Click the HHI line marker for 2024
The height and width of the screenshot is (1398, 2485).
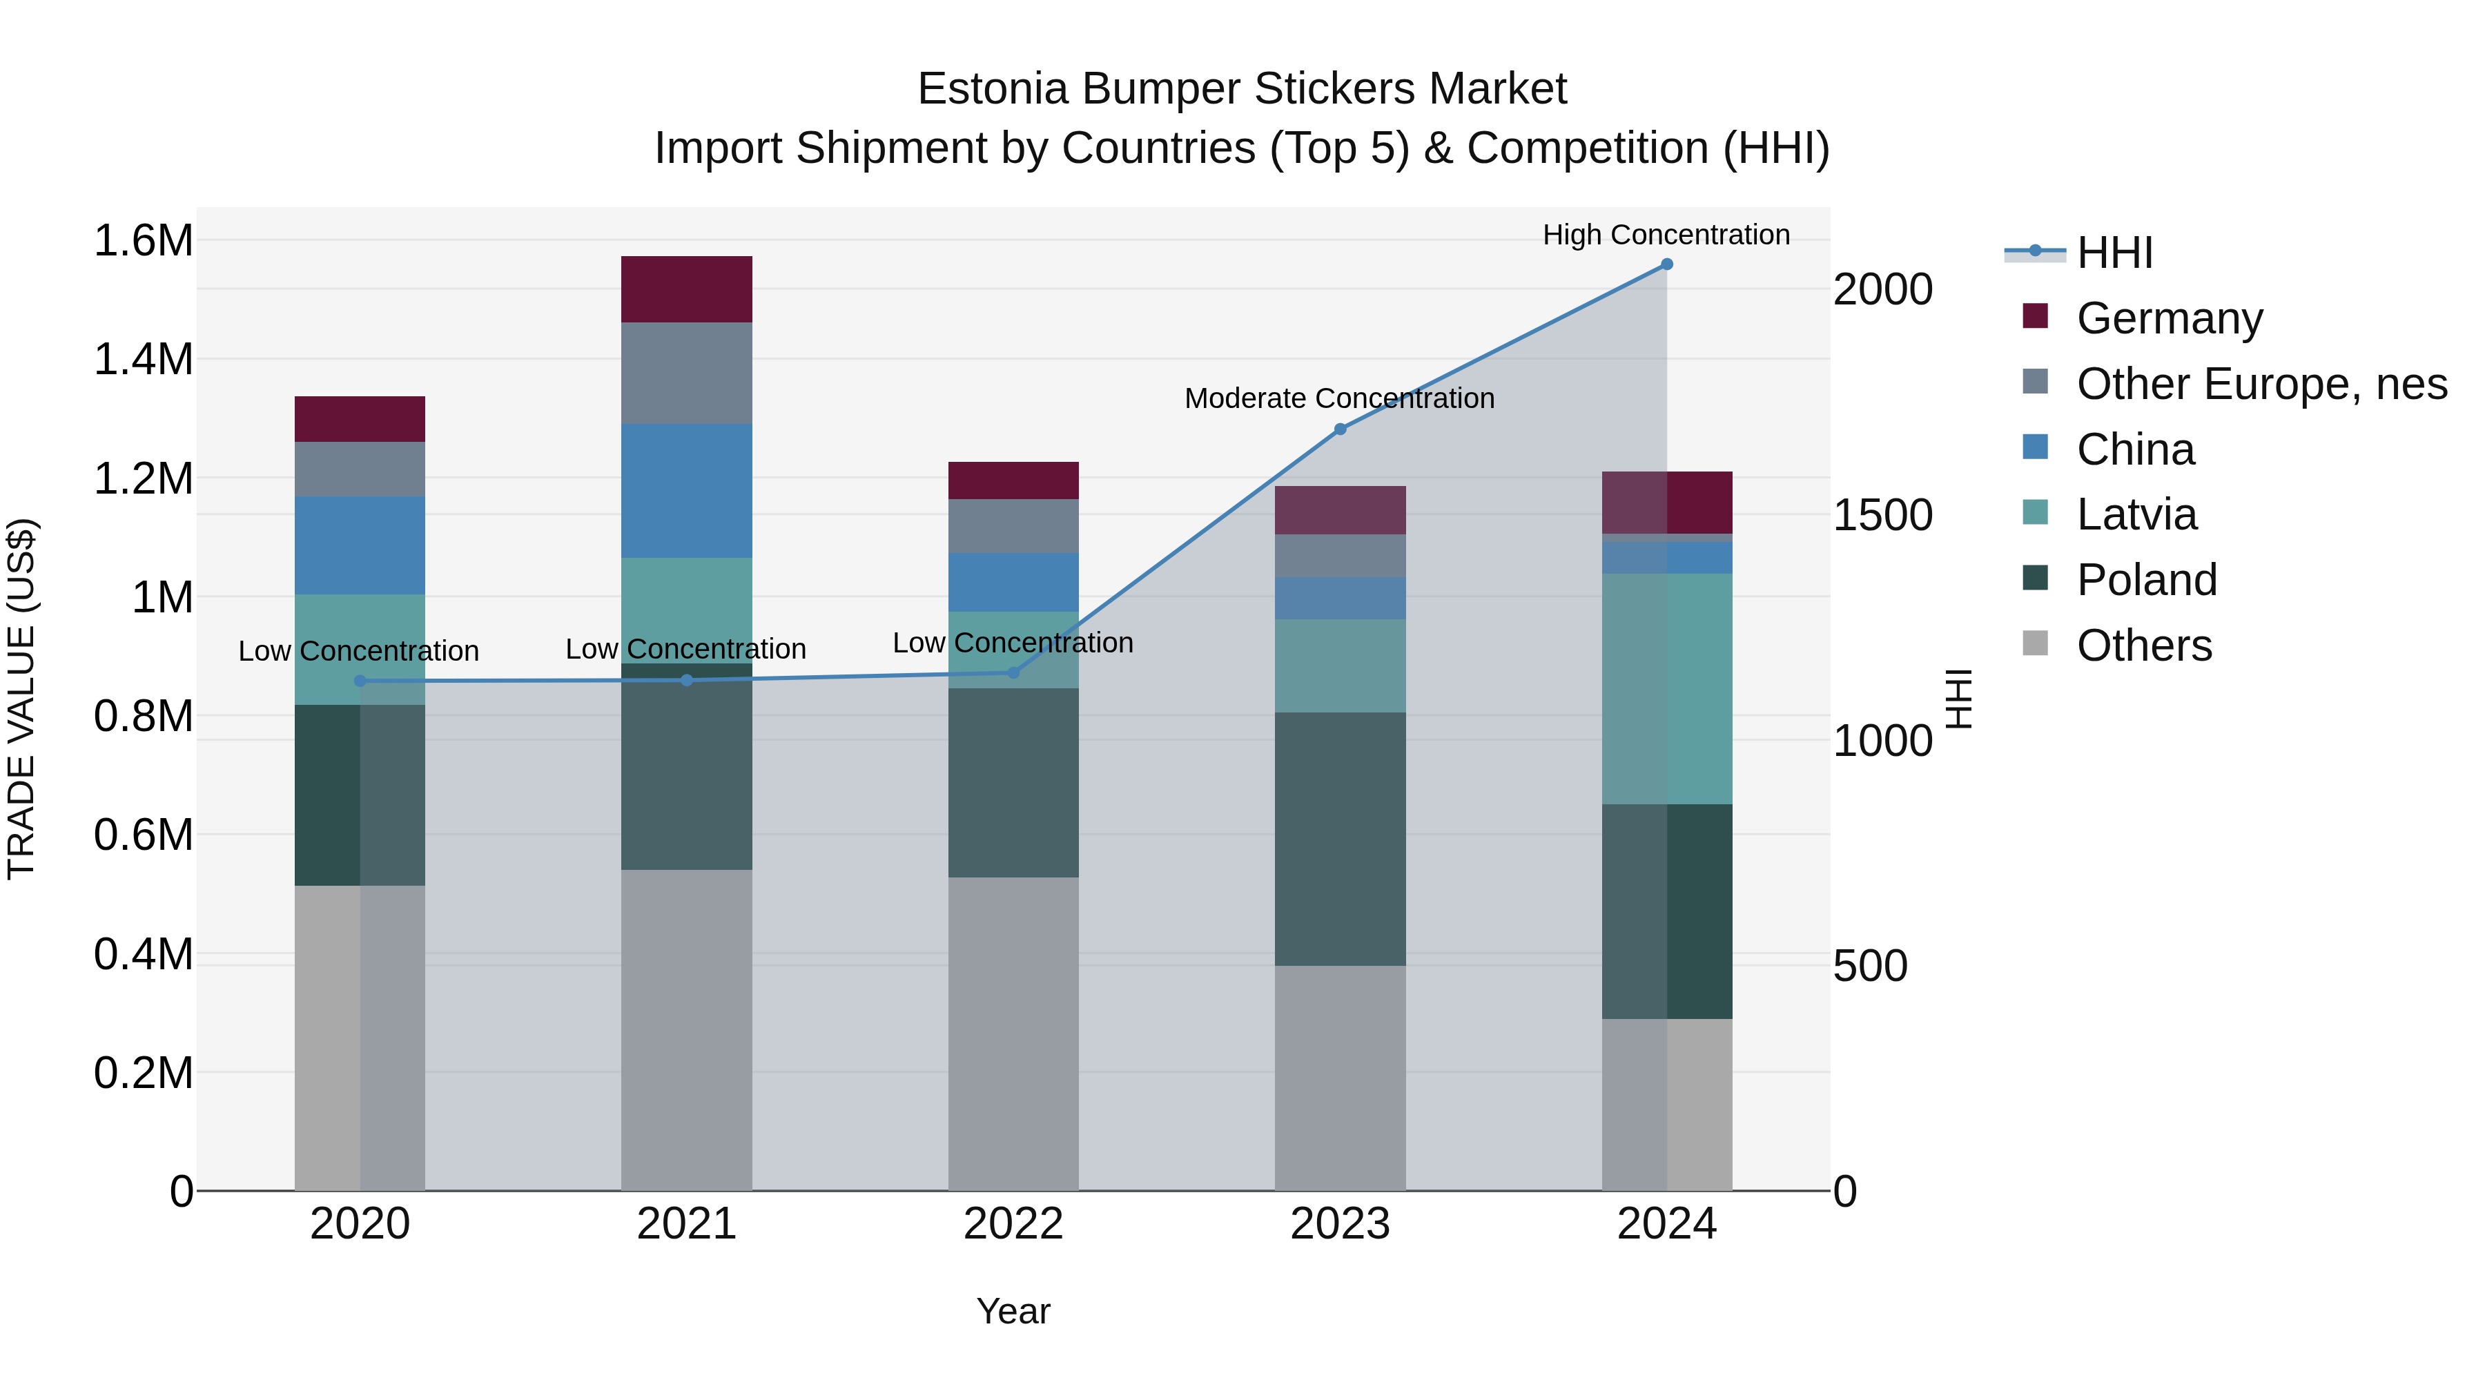point(1666,264)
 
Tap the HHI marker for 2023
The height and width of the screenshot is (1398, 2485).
point(1340,429)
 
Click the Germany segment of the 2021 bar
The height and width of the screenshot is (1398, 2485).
point(686,289)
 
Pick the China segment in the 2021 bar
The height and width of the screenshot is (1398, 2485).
point(686,490)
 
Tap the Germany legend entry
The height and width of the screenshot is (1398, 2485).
point(2169,318)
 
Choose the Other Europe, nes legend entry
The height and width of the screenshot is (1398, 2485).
point(2261,384)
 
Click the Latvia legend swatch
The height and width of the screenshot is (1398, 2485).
point(2036,512)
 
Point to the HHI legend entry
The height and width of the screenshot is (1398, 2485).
point(2114,253)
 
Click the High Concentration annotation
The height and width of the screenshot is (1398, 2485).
point(1666,235)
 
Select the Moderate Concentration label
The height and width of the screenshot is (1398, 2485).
point(1339,398)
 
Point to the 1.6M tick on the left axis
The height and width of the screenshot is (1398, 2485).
point(144,240)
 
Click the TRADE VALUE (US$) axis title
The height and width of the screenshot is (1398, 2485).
point(21,699)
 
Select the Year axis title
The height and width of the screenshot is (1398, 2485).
point(1013,1311)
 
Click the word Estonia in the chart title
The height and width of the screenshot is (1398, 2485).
point(993,89)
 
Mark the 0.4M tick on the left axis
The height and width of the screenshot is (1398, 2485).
point(144,954)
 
